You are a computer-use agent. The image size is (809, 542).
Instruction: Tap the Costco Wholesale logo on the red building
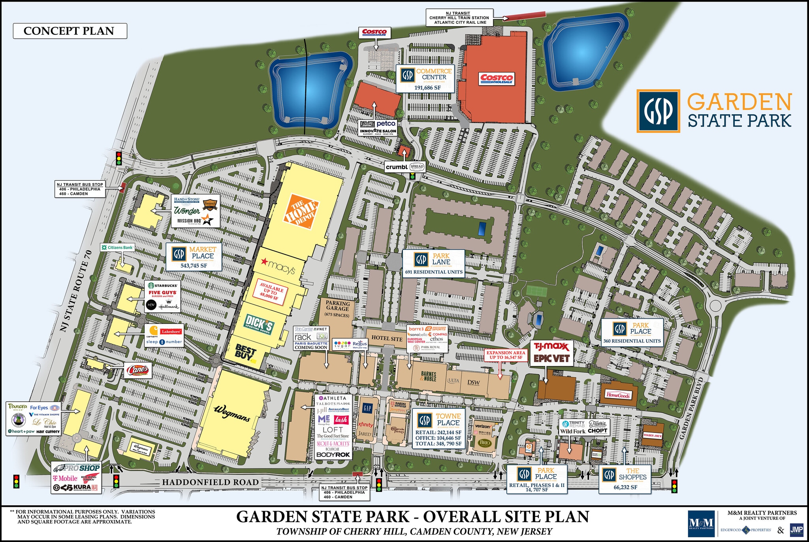pos(497,78)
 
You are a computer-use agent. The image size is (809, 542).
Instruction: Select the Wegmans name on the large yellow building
pos(232,413)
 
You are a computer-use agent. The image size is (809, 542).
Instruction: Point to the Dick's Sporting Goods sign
pos(259,325)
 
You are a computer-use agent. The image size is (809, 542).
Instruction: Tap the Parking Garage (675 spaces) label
pos(337,308)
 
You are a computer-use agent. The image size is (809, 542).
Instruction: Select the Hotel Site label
pos(387,338)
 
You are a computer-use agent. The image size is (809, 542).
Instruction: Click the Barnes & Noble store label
pos(428,376)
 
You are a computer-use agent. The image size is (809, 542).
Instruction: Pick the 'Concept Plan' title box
pos(70,31)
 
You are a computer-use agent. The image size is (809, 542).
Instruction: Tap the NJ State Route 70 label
pos(76,291)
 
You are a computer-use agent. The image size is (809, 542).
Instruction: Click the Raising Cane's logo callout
pos(138,370)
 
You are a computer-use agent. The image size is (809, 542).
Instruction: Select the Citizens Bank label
pos(117,247)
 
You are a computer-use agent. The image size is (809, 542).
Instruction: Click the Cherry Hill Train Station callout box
pos(459,18)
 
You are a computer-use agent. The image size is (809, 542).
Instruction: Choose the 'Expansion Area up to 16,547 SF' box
pos(506,355)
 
